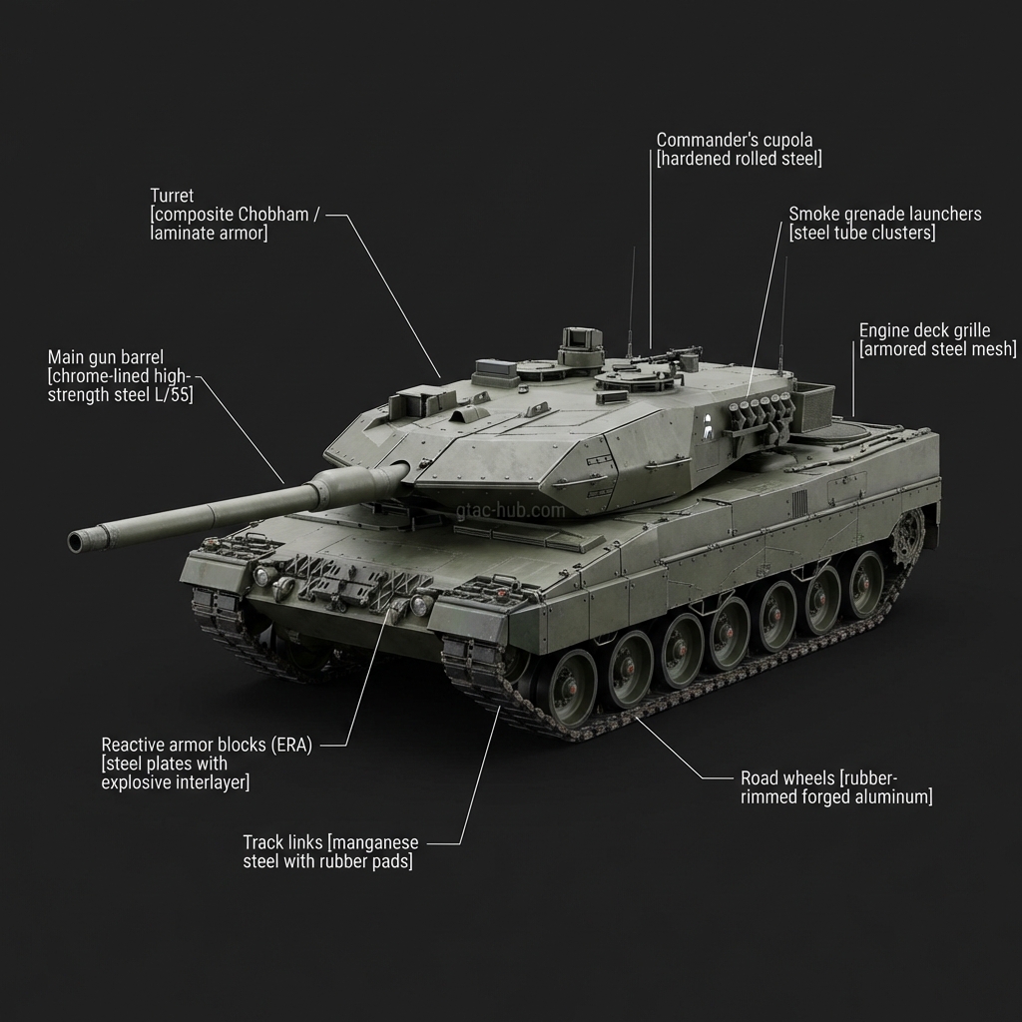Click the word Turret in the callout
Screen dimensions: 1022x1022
pos(172,196)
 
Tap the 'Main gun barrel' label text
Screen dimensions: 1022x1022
pos(106,357)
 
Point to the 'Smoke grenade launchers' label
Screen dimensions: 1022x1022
pos(884,214)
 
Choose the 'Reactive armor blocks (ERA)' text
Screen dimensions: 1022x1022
pos(207,745)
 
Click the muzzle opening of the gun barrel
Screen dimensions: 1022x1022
pos(75,542)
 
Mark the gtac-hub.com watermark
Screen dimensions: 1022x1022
pos(510,510)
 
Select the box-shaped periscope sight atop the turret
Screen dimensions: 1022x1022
pos(582,344)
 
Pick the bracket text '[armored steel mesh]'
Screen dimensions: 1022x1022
pos(937,349)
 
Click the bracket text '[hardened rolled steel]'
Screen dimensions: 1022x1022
pos(739,159)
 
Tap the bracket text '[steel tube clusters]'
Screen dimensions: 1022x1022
pos(862,233)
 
